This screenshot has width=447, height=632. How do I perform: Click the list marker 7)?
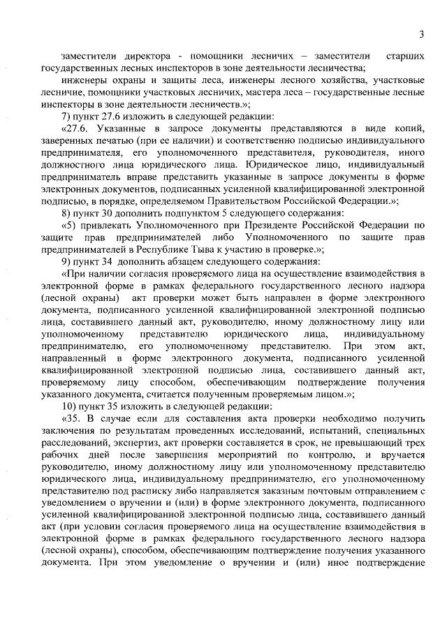tap(67, 115)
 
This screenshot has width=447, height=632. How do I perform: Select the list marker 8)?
tap(67, 212)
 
